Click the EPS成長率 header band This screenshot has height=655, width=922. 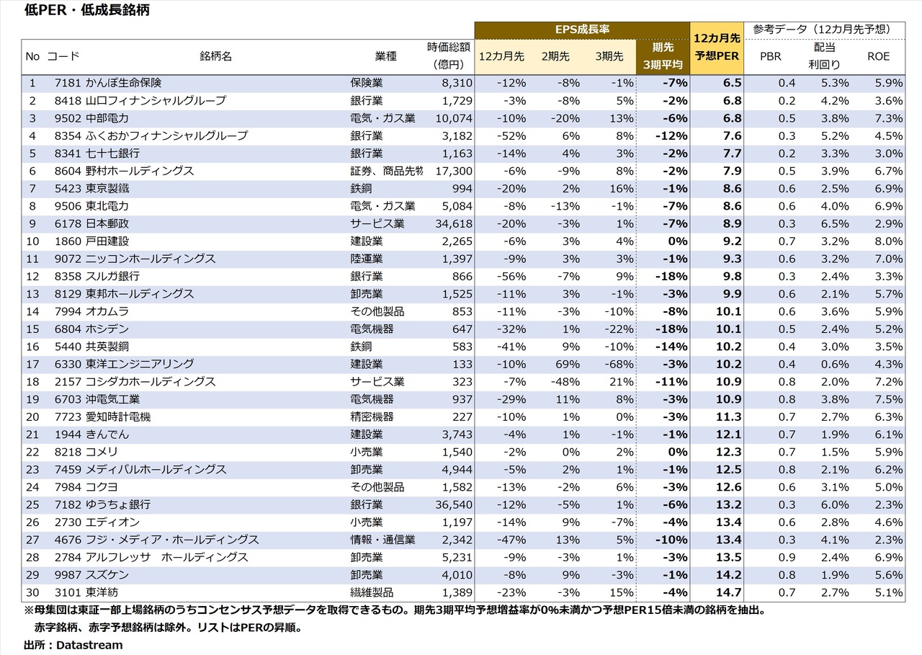[x=582, y=30]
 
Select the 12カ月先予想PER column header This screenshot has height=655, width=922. [x=717, y=48]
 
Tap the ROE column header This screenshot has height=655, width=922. [x=879, y=56]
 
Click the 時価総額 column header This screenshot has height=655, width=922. [x=448, y=55]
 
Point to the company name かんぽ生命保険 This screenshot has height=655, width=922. [x=123, y=83]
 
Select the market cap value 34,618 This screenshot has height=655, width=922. [x=455, y=223]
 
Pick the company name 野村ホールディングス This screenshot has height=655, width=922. [x=140, y=171]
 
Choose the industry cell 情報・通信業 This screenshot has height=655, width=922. [x=382, y=540]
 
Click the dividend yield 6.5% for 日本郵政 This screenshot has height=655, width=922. [x=833, y=223]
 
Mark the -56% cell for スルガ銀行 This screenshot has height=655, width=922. [x=511, y=276]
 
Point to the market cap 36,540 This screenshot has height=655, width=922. [x=455, y=504]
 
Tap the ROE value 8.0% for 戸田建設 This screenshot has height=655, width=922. [x=887, y=241]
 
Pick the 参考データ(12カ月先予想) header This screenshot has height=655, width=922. [x=820, y=29]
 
